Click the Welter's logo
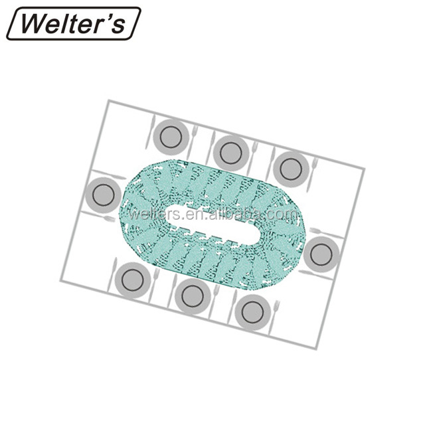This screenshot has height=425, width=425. pos(74,24)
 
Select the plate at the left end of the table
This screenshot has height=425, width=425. pos(103,195)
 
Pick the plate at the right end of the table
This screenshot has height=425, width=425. pos(321,254)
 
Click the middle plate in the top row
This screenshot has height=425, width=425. pos(230,153)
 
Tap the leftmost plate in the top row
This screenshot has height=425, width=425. pos(171,137)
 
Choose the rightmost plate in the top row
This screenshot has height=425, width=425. pos(291,169)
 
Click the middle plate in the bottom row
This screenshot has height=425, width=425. pos(193,296)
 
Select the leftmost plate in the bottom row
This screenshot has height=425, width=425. pos(133,280)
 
